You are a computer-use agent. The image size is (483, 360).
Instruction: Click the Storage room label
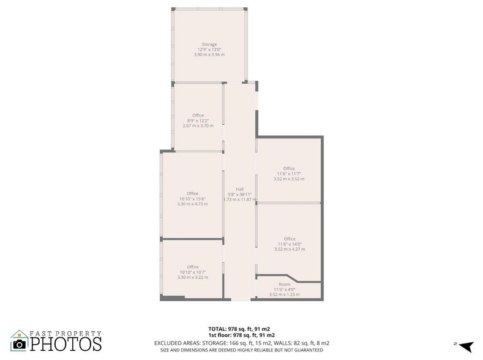(210, 44)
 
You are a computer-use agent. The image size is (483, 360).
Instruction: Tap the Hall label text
(239, 189)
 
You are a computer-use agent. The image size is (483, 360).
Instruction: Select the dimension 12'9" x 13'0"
(210, 50)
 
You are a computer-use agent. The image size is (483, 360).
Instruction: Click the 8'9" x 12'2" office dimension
(198, 121)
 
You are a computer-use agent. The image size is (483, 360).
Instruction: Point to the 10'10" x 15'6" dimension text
(193, 199)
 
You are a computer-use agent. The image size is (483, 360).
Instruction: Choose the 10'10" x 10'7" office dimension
(193, 272)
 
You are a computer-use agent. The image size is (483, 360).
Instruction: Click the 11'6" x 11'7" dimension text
(289, 174)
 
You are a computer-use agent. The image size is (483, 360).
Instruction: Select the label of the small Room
(284, 284)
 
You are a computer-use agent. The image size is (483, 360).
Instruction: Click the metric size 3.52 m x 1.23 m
(284, 294)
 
